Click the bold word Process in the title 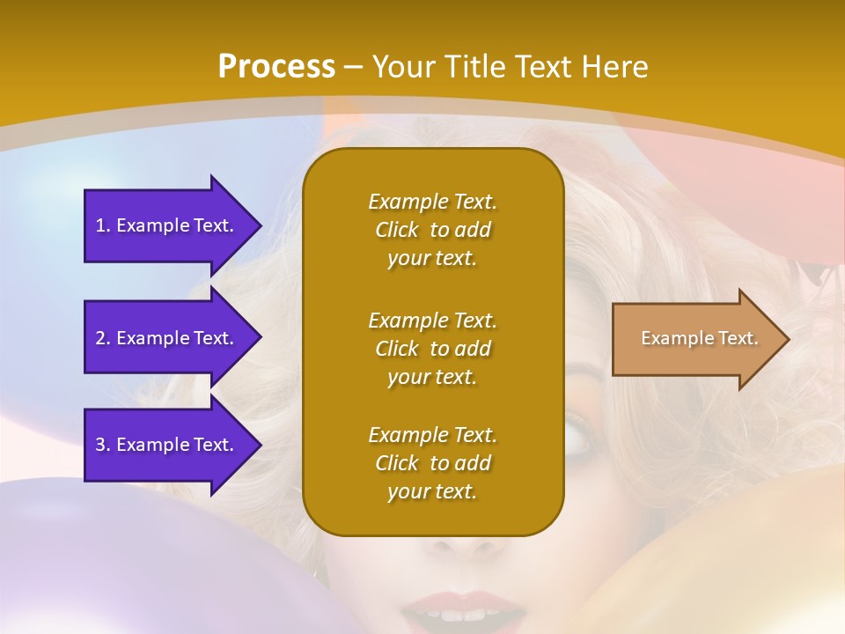coord(276,66)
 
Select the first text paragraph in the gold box coord(432,230)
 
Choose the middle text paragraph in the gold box coord(432,349)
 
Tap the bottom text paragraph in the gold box coord(432,463)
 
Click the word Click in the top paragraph coord(397,230)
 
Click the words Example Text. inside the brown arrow coord(700,338)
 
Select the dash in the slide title coord(353,68)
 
